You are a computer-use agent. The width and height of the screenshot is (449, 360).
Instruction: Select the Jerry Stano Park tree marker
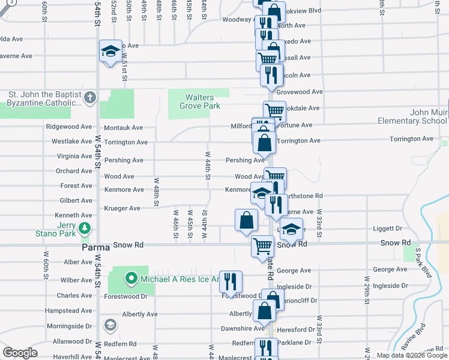(x=85, y=228)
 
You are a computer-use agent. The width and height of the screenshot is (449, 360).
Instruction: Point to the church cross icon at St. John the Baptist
(x=90, y=97)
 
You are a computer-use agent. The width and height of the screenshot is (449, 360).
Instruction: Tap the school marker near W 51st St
(x=110, y=53)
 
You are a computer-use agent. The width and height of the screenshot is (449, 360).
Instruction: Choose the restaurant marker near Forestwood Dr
(x=231, y=281)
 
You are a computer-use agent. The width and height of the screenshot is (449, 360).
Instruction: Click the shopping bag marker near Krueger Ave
(x=247, y=220)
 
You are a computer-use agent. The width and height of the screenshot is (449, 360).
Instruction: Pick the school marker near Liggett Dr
(x=291, y=229)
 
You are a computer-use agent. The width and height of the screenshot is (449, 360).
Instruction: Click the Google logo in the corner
(x=20, y=353)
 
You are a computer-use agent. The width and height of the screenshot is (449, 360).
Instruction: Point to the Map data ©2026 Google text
(x=412, y=355)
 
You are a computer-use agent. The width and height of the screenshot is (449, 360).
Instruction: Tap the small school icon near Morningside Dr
(x=110, y=325)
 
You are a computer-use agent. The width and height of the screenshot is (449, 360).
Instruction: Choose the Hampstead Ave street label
(x=74, y=311)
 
